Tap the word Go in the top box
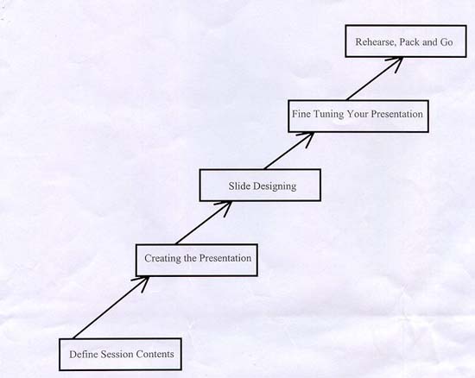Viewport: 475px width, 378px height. pyautogui.click(x=446, y=41)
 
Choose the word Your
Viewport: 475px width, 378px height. pyautogui.click(x=358, y=114)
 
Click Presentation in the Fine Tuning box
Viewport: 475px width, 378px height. pyautogui.click(x=397, y=114)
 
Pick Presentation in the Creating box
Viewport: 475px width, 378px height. pyautogui.click(x=225, y=258)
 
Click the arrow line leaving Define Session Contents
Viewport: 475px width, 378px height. pyautogui.click(x=111, y=307)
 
